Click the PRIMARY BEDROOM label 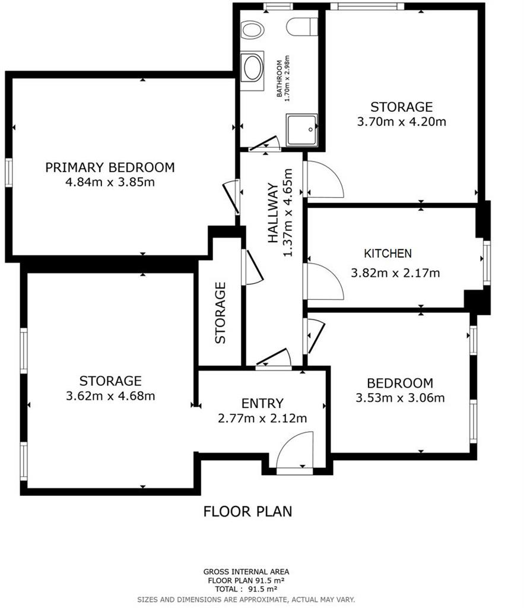coord(110,167)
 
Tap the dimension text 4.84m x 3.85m coord(110,182)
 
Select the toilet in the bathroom coord(302,27)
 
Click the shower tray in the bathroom coord(302,130)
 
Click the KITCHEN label coord(388,254)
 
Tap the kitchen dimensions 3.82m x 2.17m coord(395,273)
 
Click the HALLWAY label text coord(273,213)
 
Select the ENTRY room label coord(262,404)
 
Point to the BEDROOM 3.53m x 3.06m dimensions coord(400,398)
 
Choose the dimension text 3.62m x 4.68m coord(110,396)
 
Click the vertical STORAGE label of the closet coord(220,312)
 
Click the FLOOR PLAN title coord(247,511)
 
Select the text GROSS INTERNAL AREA coord(246,572)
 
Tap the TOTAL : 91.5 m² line coord(246,589)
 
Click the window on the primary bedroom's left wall coord(8,173)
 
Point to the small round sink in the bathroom coord(252,30)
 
